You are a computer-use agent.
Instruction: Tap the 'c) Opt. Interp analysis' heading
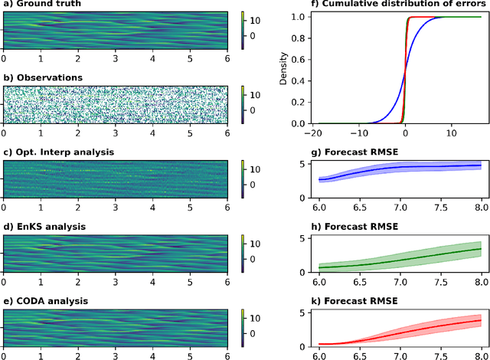coord(59,152)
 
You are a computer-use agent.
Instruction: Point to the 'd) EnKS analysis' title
coord(44,226)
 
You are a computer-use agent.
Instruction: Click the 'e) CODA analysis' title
coord(47,300)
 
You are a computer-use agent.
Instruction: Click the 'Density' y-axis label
coord(283,68)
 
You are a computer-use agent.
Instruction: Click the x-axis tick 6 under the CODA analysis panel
coord(227,354)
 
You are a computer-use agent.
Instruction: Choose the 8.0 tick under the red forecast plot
coord(480,354)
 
